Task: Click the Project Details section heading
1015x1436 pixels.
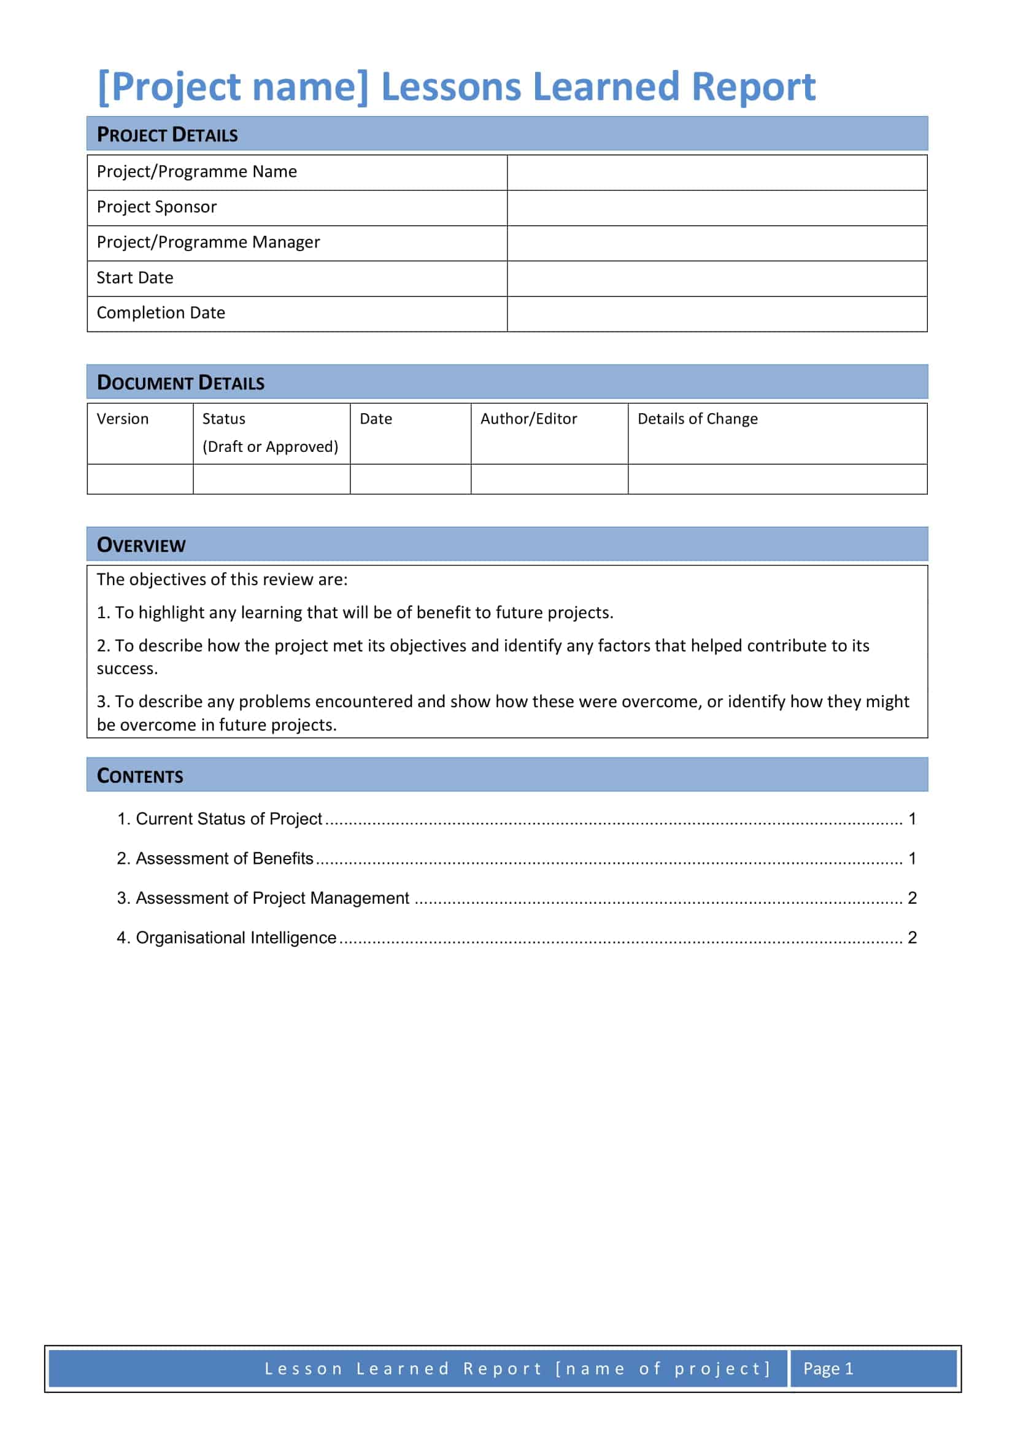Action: coord(167,134)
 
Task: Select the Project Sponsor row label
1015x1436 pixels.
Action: coord(156,207)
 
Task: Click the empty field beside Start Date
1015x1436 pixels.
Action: coord(716,278)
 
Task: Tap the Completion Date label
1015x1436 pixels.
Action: coord(161,312)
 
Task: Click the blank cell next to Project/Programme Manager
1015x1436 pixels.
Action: coord(716,243)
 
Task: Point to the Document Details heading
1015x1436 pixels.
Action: coord(180,382)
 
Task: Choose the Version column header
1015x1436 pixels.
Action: coord(123,419)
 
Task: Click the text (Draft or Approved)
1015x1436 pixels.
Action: coord(270,446)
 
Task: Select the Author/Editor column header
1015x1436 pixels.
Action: coord(528,419)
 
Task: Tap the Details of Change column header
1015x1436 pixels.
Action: coord(697,419)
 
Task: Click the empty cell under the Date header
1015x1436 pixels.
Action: coord(410,479)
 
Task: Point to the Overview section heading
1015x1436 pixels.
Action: coord(141,545)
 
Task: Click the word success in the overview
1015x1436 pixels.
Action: coord(127,669)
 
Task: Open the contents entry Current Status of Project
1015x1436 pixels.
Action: coord(228,819)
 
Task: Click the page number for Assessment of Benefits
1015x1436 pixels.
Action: coord(912,858)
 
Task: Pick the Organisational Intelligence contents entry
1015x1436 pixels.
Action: coord(236,937)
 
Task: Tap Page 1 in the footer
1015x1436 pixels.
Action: coord(827,1368)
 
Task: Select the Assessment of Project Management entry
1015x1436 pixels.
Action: coord(272,898)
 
